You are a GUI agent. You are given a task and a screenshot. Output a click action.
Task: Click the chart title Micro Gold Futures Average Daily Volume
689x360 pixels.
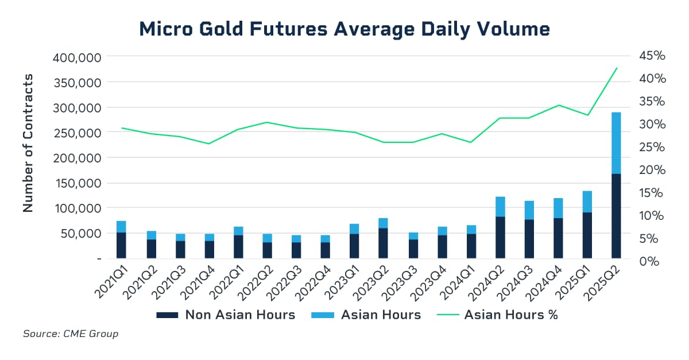pyautogui.click(x=344, y=28)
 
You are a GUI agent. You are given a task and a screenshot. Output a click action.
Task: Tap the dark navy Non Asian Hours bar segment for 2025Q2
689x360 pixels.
pyautogui.click(x=616, y=215)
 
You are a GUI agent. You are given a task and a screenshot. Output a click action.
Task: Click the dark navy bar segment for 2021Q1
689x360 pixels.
pyautogui.click(x=121, y=245)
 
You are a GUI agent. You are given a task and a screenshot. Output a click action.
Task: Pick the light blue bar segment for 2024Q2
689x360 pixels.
pyautogui.click(x=500, y=207)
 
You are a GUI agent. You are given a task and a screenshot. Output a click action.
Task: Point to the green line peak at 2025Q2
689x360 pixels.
pyautogui.click(x=616, y=68)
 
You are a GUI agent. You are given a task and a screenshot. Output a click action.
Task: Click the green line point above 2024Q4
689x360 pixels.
pyautogui.click(x=558, y=105)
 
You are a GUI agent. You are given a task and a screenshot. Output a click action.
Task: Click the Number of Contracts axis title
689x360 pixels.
pyautogui.click(x=28, y=144)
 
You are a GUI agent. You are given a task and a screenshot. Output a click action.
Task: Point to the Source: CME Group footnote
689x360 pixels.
pyautogui.click(x=71, y=334)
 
